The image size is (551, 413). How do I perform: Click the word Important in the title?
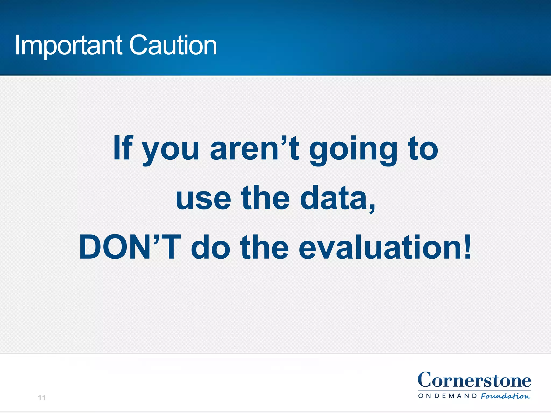(68, 46)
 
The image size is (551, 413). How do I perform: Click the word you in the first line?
(171, 151)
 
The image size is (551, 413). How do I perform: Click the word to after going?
(423, 148)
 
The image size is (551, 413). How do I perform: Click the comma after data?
(372, 207)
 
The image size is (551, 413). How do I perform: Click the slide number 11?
(42, 398)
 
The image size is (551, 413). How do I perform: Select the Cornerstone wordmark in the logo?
(474, 380)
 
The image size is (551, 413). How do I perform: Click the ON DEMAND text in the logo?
(448, 396)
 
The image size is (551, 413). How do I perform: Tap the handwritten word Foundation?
(506, 396)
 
